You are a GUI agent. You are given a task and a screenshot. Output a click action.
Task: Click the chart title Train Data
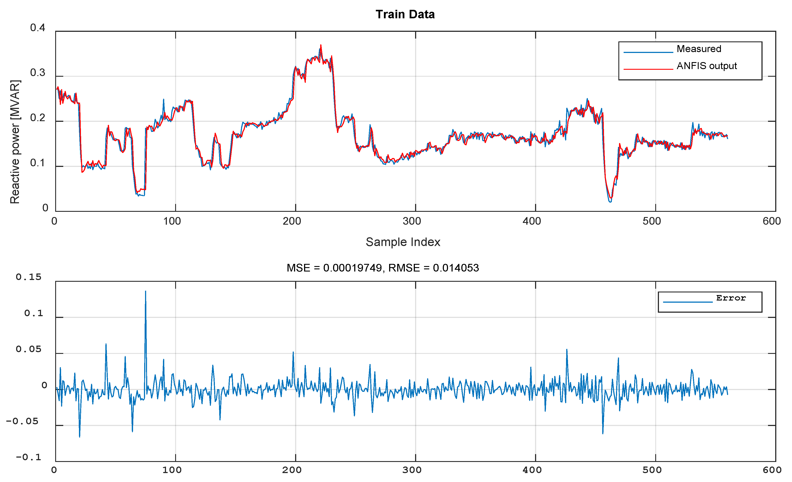click(x=405, y=14)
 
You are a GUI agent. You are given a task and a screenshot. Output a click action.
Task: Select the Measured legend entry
click(x=699, y=49)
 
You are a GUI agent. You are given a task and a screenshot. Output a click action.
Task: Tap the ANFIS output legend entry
click(x=706, y=66)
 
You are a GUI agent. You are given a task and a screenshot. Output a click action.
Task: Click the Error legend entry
click(x=731, y=298)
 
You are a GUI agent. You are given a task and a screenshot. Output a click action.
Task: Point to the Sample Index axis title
click(x=403, y=242)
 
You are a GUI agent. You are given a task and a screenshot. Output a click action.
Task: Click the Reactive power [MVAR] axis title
click(x=15, y=142)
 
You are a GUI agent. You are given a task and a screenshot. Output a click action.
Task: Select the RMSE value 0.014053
click(x=456, y=268)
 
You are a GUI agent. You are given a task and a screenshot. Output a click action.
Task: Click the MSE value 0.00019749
click(x=352, y=268)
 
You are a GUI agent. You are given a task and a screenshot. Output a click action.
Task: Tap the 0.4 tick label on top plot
click(x=38, y=28)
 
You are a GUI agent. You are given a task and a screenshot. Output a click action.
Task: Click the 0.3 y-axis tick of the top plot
click(x=38, y=73)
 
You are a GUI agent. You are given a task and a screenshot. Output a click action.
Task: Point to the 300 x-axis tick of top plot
click(x=412, y=221)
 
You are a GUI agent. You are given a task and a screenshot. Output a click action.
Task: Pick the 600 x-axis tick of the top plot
click(x=771, y=221)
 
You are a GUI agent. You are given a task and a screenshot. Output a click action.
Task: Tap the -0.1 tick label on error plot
click(x=29, y=457)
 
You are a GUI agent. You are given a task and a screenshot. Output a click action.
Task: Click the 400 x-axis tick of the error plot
click(x=532, y=470)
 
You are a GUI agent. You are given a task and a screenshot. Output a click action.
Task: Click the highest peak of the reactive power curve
click(x=321, y=46)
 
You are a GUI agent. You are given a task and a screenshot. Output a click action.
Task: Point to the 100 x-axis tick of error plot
click(x=172, y=470)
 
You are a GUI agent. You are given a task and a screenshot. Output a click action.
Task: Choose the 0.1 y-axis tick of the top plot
click(x=38, y=163)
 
